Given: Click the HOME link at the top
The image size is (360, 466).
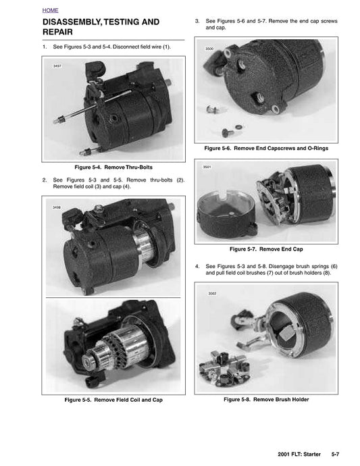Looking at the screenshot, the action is pos(50,10).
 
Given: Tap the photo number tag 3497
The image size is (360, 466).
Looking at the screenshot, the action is pos(57,66).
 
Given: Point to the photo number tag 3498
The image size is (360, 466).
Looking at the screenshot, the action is pos(57,207).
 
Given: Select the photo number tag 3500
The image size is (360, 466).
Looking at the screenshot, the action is pos(209,49).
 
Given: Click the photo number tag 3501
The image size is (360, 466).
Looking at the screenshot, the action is pos(207,167).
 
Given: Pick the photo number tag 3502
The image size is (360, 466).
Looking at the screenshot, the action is pos(212,294).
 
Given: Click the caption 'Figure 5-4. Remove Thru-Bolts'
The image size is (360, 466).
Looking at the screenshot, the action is pos(113,167).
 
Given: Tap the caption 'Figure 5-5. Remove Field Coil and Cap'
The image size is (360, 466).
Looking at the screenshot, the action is pos(113,400).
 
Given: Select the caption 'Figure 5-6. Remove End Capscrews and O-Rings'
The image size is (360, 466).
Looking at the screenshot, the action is pos(266,149).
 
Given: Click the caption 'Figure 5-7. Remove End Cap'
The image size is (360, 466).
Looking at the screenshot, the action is pos(266,249).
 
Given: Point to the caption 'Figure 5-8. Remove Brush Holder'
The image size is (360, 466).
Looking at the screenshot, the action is pos(266,399).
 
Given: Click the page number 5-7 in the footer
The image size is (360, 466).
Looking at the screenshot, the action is pos(335,455).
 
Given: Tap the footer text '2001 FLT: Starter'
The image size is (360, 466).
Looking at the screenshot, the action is pos(299,455).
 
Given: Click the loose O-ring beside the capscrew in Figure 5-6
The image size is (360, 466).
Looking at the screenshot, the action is pos(238,127).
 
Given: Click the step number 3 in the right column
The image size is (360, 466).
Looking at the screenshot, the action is pos(197,21).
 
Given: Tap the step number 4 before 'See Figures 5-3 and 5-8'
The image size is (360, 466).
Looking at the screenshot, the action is pos(197,266).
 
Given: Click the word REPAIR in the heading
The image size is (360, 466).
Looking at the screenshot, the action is pos(57,32).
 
